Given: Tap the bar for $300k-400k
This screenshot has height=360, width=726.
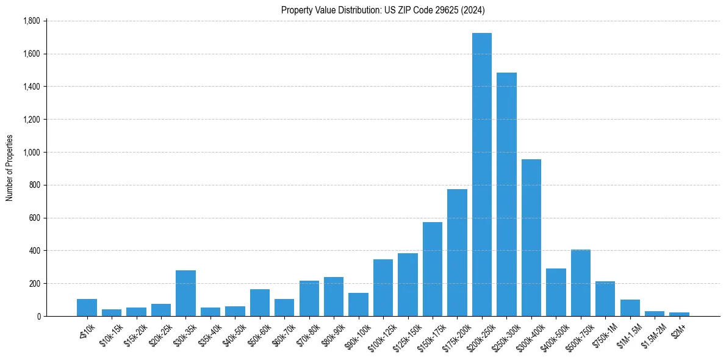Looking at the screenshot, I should pos(531,237).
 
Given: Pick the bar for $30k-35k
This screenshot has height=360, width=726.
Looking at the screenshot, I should pos(185,293).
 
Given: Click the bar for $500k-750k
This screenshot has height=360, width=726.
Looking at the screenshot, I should pos(581,283).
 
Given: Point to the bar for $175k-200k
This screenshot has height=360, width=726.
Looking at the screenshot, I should pos(457,253).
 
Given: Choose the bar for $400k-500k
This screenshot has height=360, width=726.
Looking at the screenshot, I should pos(556,292).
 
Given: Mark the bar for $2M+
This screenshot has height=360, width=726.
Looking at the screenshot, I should pos(679,314).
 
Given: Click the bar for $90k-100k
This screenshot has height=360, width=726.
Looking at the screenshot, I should pos(358,304).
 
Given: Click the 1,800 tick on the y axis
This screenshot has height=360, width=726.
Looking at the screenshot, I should pos(31,21).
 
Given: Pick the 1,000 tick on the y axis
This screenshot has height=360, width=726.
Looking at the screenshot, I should pos(31,152).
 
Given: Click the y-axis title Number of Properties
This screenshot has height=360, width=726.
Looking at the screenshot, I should pos(10,168).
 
